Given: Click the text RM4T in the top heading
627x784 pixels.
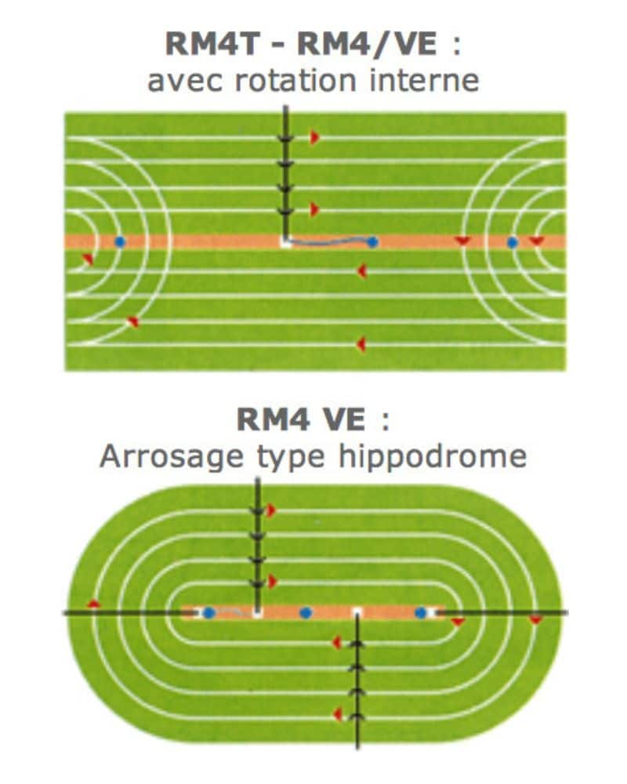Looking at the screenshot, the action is click(212, 44).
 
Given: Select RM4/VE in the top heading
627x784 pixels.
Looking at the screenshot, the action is click(367, 44).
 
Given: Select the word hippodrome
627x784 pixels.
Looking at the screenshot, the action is click(433, 456).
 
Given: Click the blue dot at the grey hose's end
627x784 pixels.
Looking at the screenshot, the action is click(372, 242).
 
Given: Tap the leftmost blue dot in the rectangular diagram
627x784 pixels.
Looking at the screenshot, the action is click(119, 242).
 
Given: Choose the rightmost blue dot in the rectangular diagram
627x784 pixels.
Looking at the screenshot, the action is click(512, 242).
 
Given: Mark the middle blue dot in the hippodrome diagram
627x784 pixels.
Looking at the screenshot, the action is click(306, 612).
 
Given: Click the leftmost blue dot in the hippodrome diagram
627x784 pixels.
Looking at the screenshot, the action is click(209, 612).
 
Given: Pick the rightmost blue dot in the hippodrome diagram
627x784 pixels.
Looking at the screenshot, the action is click(421, 612).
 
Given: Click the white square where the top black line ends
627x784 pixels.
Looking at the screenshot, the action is click(285, 242).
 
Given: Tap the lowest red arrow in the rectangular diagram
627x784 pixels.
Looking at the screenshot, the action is click(361, 344).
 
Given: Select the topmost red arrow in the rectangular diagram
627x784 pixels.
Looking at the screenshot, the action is click(314, 137).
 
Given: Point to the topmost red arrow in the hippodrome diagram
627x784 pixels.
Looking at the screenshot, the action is click(271, 510).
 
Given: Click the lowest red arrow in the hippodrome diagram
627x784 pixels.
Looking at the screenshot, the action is click(338, 714).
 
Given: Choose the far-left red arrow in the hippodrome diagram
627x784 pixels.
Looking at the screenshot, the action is click(93, 604).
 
